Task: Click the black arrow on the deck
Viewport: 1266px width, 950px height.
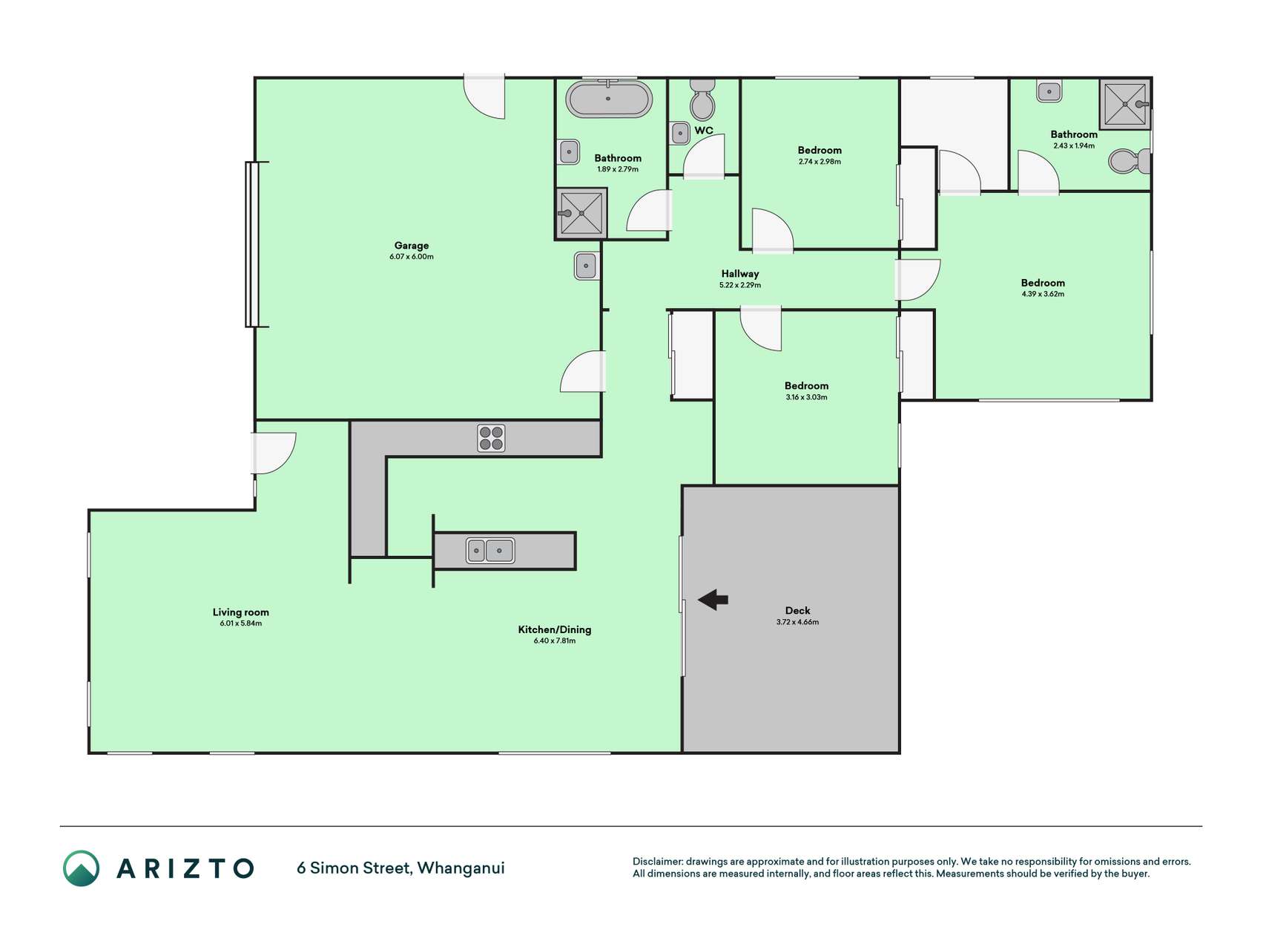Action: tap(713, 600)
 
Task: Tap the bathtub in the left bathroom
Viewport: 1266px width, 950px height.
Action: tap(609, 99)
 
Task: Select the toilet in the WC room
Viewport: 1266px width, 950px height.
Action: tap(702, 99)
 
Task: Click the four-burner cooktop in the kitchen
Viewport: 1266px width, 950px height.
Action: tap(491, 438)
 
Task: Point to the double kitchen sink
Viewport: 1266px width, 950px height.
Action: tap(490, 551)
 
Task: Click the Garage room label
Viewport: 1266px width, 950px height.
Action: tap(412, 246)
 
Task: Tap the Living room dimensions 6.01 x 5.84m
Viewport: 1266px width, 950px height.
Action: tap(241, 623)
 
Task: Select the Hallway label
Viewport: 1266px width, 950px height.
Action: tap(740, 274)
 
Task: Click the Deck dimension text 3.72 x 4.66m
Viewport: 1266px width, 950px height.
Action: tap(798, 622)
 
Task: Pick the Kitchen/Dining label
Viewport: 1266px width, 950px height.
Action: tap(555, 629)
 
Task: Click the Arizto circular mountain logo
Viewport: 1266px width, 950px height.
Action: tap(81, 868)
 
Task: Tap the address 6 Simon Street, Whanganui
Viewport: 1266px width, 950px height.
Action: tap(400, 868)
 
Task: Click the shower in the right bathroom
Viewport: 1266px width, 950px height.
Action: tap(1125, 103)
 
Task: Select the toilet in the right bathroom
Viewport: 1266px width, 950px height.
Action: tap(1130, 161)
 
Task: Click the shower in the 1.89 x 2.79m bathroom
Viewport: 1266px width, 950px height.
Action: tap(581, 214)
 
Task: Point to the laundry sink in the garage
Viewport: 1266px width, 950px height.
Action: tap(586, 266)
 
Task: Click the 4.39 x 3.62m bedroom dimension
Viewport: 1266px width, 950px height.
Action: tap(1043, 294)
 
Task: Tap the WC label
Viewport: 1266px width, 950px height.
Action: tap(704, 131)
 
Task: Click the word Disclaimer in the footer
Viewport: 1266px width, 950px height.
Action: tap(657, 862)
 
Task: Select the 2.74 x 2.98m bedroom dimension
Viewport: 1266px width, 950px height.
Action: tap(820, 162)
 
